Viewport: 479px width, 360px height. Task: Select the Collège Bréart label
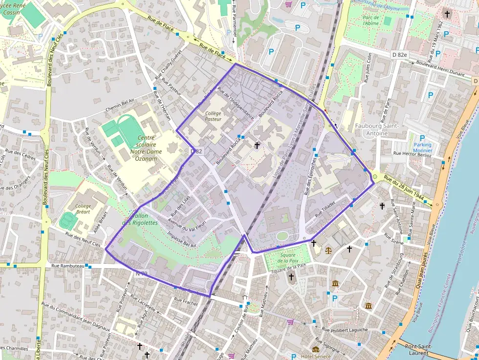click(84, 209)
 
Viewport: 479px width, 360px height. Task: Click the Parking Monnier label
click(423, 148)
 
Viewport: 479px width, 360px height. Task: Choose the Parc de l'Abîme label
click(371, 20)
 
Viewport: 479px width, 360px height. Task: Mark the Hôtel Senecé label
click(317, 356)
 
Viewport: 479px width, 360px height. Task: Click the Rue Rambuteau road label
click(68, 266)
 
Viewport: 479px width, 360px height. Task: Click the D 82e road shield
click(399, 55)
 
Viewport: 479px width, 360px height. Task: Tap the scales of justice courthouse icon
click(328, 251)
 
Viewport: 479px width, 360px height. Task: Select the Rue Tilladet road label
click(326, 208)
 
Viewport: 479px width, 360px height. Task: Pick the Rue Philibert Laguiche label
click(345, 330)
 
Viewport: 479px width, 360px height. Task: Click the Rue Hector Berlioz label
click(413, 154)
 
